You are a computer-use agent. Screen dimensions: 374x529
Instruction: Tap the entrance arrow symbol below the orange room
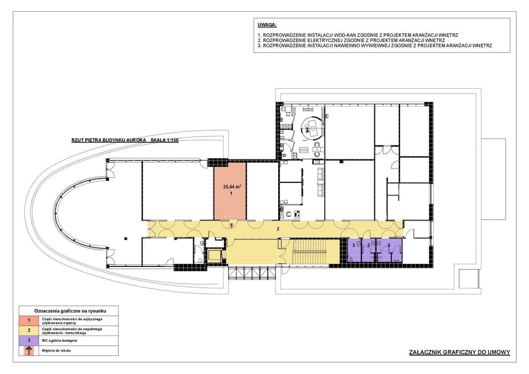(231, 226)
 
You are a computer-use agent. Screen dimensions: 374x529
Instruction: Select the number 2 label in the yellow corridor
(278, 228)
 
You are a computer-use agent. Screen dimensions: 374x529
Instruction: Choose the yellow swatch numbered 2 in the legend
(29, 331)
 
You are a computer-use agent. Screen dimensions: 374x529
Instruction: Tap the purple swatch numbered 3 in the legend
(29, 340)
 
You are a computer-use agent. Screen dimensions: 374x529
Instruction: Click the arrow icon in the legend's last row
(29, 350)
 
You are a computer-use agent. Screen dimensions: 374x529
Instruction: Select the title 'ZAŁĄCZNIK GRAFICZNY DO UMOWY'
(459, 352)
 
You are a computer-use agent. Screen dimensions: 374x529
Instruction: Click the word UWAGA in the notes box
(266, 25)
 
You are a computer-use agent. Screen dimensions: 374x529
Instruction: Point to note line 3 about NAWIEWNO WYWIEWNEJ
(374, 46)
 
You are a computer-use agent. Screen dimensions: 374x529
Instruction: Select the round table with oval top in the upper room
(310, 125)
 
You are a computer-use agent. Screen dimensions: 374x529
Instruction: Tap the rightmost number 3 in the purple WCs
(389, 245)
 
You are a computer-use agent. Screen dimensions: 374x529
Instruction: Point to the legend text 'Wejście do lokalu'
(56, 350)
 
